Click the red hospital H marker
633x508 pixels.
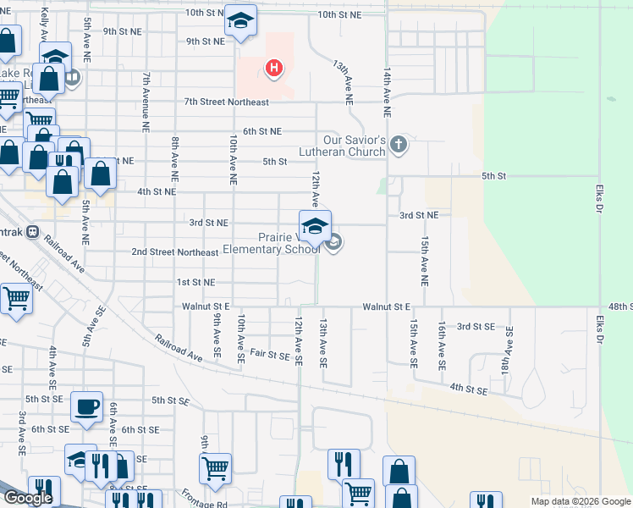(x=273, y=69)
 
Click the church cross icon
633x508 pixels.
(x=399, y=146)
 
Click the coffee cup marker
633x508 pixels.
(x=86, y=406)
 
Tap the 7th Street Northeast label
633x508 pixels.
(x=226, y=102)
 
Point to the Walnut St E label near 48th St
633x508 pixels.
(x=387, y=306)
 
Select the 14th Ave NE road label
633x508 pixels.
(x=387, y=92)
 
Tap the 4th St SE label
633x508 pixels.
(x=469, y=390)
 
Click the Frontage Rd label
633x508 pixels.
(x=209, y=504)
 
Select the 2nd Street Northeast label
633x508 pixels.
(x=175, y=251)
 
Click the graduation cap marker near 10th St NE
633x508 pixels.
(x=240, y=22)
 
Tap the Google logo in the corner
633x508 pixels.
(x=27, y=498)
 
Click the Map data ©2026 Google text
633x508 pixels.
(x=581, y=501)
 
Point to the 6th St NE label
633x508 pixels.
(x=261, y=131)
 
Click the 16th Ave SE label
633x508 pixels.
(x=442, y=345)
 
